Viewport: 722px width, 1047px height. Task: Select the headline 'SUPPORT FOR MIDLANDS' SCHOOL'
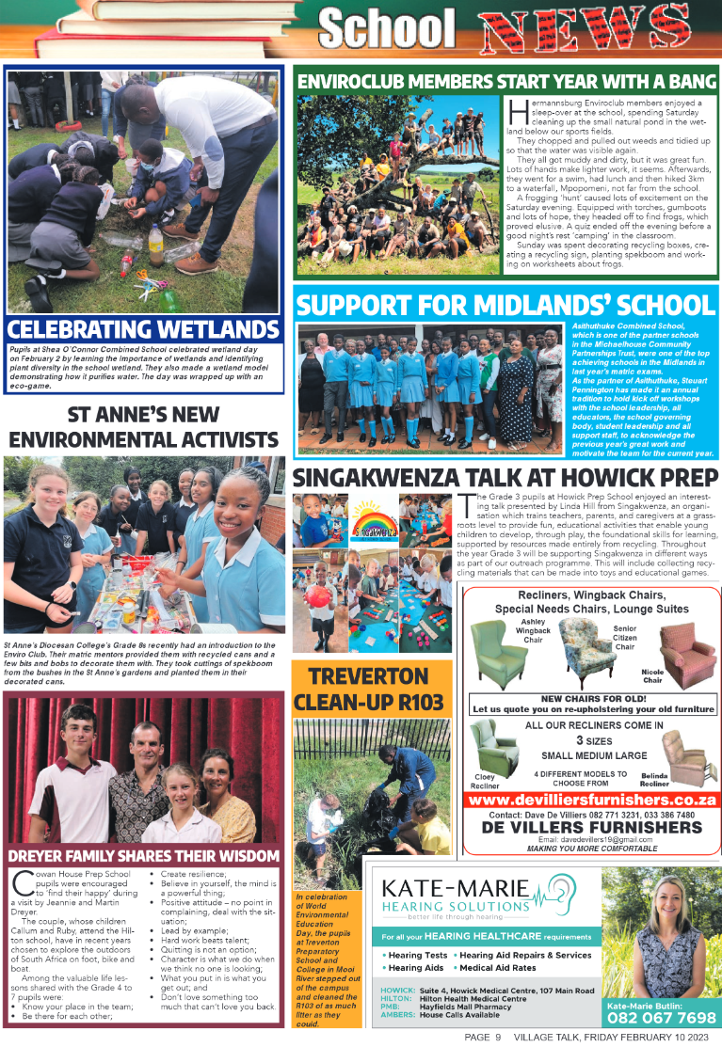click(505, 306)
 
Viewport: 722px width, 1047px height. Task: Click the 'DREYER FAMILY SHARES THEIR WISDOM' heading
click(144, 856)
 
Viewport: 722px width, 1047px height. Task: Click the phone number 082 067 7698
click(662, 1018)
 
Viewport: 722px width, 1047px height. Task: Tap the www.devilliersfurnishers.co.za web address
click(592, 800)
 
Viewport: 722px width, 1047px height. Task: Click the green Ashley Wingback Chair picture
click(499, 655)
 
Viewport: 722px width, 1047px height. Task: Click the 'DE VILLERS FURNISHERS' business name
click(592, 827)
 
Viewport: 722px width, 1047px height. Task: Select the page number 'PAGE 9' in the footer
click(483, 1038)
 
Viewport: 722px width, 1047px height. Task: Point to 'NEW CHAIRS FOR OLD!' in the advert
click(591, 698)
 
